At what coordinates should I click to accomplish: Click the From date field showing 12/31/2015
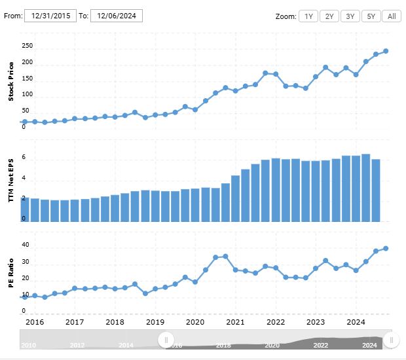(50, 16)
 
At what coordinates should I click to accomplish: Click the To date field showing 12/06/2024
(117, 16)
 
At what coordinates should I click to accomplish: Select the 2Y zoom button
(329, 16)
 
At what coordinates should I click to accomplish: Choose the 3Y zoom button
(350, 16)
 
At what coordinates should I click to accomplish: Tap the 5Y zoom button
(371, 16)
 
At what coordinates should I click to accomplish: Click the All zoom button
(392, 16)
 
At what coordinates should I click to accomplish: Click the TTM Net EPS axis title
(10, 180)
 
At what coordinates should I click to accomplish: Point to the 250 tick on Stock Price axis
(27, 46)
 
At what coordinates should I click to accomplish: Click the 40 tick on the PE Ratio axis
(26, 245)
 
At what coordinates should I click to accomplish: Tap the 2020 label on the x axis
(195, 322)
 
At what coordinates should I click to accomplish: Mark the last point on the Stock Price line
(386, 51)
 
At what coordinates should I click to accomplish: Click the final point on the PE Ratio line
(386, 248)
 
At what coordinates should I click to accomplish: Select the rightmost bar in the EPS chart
(376, 190)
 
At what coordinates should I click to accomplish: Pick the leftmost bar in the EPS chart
(25, 209)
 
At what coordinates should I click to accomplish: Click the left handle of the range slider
(166, 340)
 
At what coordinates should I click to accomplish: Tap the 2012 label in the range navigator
(77, 346)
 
